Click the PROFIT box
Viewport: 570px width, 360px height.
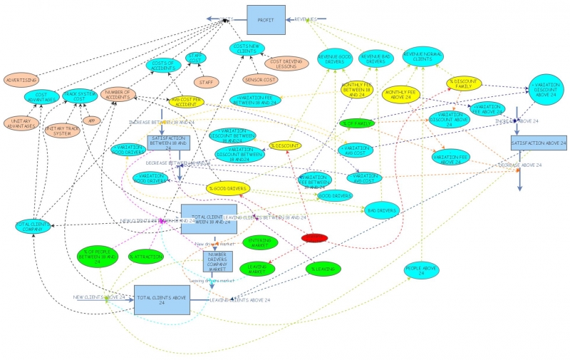pyautogui.click(x=266, y=20)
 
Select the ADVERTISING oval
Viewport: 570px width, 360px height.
pyautogui.click(x=22, y=80)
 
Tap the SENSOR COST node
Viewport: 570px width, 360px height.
pyautogui.click(x=259, y=79)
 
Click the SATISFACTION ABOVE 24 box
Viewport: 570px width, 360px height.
pyautogui.click(x=538, y=143)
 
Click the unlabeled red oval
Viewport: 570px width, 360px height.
pyautogui.click(x=315, y=238)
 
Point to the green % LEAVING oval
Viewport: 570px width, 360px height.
pyautogui.click(x=323, y=269)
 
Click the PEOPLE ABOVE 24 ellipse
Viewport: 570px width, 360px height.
pyautogui.click(x=421, y=270)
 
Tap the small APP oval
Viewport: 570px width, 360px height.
pyautogui.click(x=90, y=120)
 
